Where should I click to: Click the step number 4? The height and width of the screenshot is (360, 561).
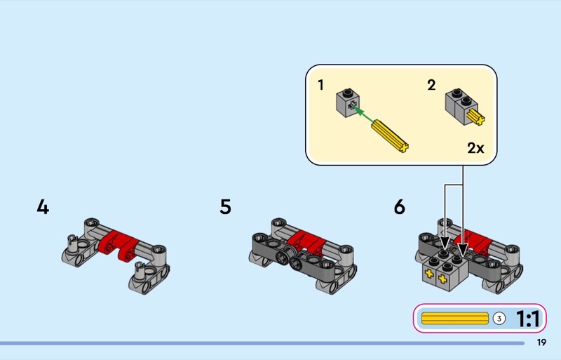pos(43,207)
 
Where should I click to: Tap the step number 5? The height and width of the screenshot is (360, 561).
pos(225,207)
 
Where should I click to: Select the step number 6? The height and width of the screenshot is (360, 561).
pos(400,207)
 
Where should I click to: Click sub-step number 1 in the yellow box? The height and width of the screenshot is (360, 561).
pos(320,85)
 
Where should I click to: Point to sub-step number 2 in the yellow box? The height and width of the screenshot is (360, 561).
pos(431,85)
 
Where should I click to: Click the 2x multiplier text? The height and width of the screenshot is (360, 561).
pos(475,147)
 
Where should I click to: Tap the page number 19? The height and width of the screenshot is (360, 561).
pos(541,342)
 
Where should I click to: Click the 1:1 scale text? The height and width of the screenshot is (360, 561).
pos(528,319)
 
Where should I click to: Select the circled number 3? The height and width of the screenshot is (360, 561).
pos(499,319)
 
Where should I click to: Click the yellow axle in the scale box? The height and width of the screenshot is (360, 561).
pos(454,319)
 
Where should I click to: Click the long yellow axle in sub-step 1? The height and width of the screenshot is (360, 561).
pos(390,136)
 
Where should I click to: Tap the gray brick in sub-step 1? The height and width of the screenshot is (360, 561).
pos(348,102)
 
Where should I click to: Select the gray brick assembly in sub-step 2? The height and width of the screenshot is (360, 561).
pos(461,106)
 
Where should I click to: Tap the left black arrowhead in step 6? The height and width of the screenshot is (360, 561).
pos(445,242)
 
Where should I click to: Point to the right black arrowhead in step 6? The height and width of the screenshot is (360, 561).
pos(463,249)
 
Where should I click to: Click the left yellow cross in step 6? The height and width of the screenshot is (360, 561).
pos(429,274)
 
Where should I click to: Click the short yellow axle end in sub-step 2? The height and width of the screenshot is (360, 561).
pos(476,117)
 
